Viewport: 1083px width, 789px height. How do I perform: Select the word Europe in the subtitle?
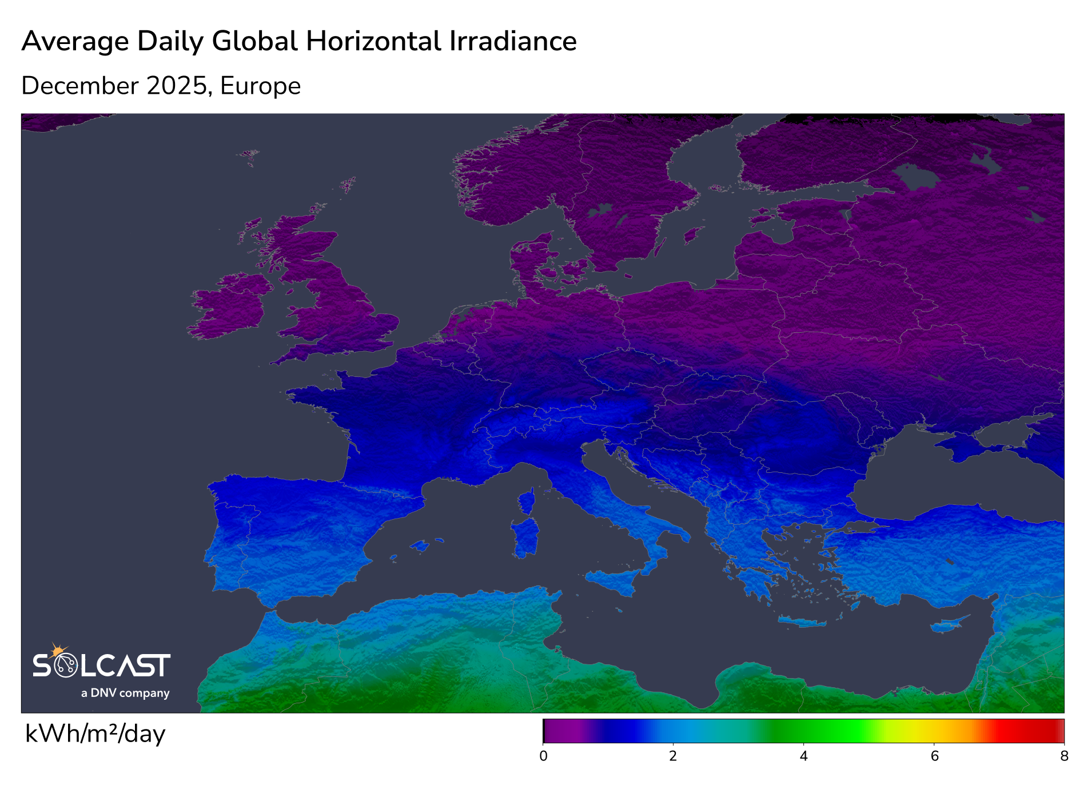pyautogui.click(x=260, y=86)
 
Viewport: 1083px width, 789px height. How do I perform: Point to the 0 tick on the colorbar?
pyautogui.click(x=543, y=756)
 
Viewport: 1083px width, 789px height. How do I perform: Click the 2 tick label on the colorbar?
pyautogui.click(x=673, y=756)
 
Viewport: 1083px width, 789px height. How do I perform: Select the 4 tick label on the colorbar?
pyautogui.click(x=803, y=756)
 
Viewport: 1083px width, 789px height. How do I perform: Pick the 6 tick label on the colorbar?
pyautogui.click(x=934, y=756)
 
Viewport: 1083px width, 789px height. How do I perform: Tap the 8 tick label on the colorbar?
pyautogui.click(x=1064, y=756)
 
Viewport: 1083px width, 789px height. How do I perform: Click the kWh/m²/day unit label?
pyautogui.click(x=95, y=734)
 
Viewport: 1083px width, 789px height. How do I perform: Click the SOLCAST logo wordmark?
pyautogui.click(x=102, y=666)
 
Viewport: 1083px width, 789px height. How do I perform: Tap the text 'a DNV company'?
pyautogui.click(x=125, y=693)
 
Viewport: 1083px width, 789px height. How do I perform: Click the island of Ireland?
pyautogui.click(x=229, y=306)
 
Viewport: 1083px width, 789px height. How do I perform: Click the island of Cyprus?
pyautogui.click(x=949, y=625)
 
